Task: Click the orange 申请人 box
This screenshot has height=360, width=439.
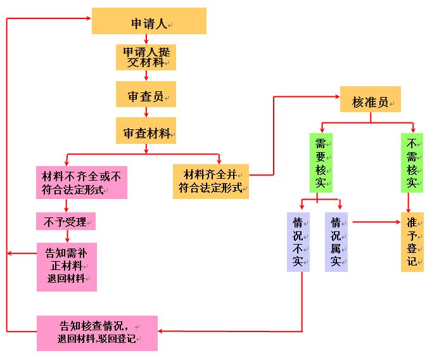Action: pos(149,21)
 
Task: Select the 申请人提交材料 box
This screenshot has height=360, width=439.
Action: pos(146,56)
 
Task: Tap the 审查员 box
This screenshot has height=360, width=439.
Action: pos(146,94)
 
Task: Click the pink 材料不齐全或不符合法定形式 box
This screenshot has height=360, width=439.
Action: pos(81,182)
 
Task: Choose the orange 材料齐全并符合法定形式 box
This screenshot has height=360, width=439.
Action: pos(211,182)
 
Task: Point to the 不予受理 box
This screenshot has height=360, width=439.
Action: pos(66,222)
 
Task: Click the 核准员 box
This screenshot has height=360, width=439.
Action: pos(371,100)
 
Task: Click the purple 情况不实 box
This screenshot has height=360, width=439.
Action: pos(298,242)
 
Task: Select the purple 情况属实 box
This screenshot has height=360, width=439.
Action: pos(336,242)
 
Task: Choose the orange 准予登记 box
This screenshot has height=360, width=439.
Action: pos(412,242)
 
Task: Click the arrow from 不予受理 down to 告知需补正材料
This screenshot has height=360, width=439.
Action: pos(66,236)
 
